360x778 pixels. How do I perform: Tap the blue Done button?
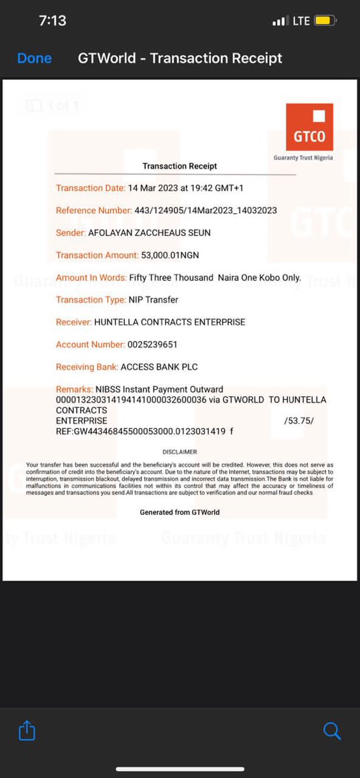click(x=34, y=58)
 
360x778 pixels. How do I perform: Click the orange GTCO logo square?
click(x=309, y=127)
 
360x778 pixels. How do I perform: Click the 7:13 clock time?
click(x=52, y=21)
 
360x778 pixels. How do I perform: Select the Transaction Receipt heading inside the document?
click(x=180, y=167)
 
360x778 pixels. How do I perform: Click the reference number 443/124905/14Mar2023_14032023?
click(x=206, y=211)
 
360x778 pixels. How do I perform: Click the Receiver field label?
click(x=73, y=322)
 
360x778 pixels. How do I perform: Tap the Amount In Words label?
click(x=91, y=277)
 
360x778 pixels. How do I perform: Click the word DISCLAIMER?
click(x=180, y=452)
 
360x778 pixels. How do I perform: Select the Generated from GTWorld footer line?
click(x=180, y=512)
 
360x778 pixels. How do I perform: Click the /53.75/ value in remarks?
click(x=298, y=421)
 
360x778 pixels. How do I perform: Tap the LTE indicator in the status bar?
click(x=302, y=21)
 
